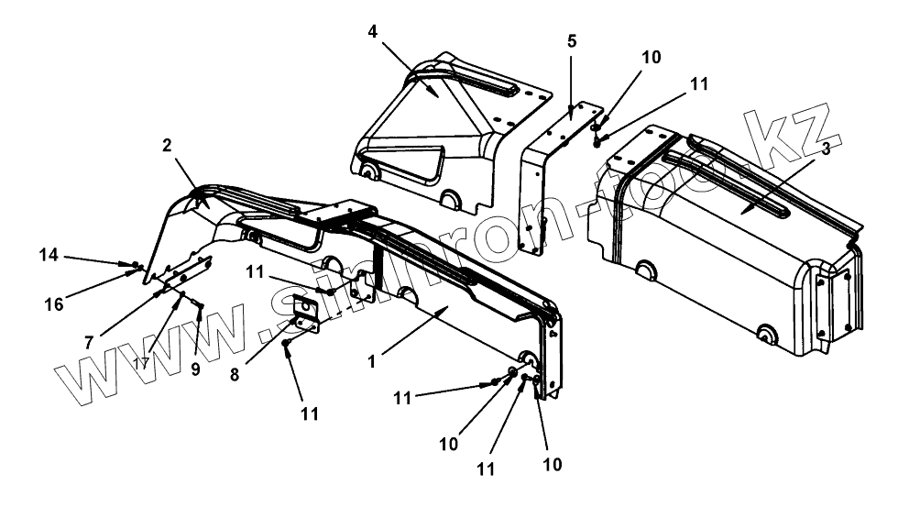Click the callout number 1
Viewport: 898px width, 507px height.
tap(372, 362)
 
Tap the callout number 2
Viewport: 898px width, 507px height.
tap(167, 146)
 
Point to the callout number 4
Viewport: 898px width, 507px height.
tap(373, 31)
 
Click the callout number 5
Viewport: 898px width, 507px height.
tap(572, 41)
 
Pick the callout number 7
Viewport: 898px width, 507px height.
tap(89, 342)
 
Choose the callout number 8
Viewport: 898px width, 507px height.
tap(235, 375)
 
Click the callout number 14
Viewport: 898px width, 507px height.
tap(49, 255)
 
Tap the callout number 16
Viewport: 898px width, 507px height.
tap(54, 304)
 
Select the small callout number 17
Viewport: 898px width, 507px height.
tap(141, 363)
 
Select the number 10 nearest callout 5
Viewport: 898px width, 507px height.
tap(651, 57)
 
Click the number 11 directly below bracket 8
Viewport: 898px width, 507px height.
tap(310, 413)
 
